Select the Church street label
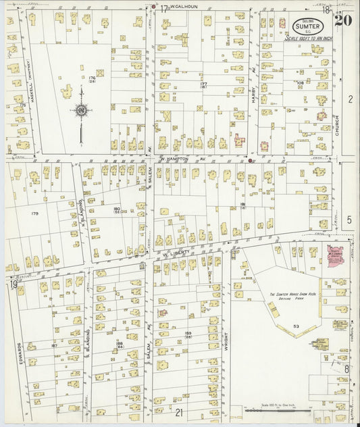[x=336, y=125]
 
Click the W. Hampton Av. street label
[x=182, y=159]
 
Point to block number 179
[x=34, y=214]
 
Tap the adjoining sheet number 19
[x=12, y=284]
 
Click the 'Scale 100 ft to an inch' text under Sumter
[x=309, y=38]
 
